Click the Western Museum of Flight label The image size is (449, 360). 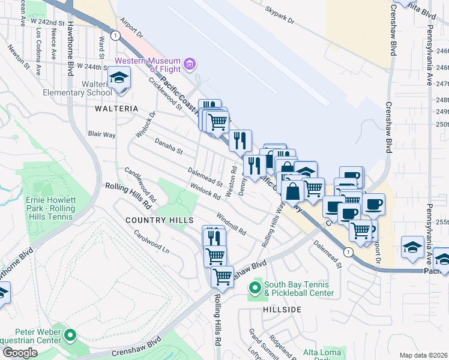tap(148, 65)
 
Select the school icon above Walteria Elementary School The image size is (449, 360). tap(119, 77)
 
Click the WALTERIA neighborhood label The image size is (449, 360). tap(116, 109)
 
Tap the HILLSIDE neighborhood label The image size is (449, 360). tap(282, 309)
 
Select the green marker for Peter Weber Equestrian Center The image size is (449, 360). tap(71, 335)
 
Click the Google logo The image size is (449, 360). tap(20, 353)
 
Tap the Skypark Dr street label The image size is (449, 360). tap(280, 16)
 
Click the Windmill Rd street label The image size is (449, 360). tap(231, 224)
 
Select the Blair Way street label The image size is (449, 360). tap(101, 135)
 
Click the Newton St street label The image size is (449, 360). tap(18, 55)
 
